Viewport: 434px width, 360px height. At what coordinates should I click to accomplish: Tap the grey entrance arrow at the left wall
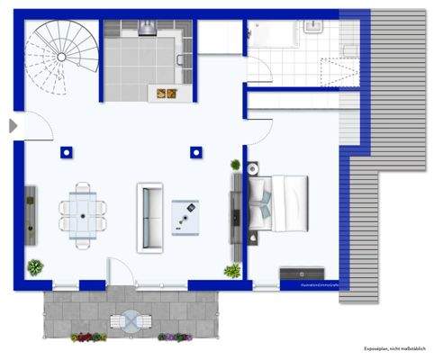point(13,126)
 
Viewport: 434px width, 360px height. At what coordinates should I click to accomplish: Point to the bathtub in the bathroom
point(274,34)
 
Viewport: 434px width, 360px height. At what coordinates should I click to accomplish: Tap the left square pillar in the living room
point(65,152)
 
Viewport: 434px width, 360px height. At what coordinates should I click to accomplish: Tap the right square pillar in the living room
point(196,152)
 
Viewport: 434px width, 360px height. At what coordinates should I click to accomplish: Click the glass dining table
point(84,211)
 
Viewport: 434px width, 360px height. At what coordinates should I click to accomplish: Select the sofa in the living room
point(149,217)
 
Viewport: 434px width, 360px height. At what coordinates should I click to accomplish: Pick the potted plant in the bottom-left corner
point(35,266)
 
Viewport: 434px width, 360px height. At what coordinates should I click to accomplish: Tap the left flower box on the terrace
point(88,337)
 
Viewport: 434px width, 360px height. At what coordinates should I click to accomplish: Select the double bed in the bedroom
point(279,202)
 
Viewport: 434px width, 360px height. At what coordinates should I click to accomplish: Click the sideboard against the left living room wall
point(31,216)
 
